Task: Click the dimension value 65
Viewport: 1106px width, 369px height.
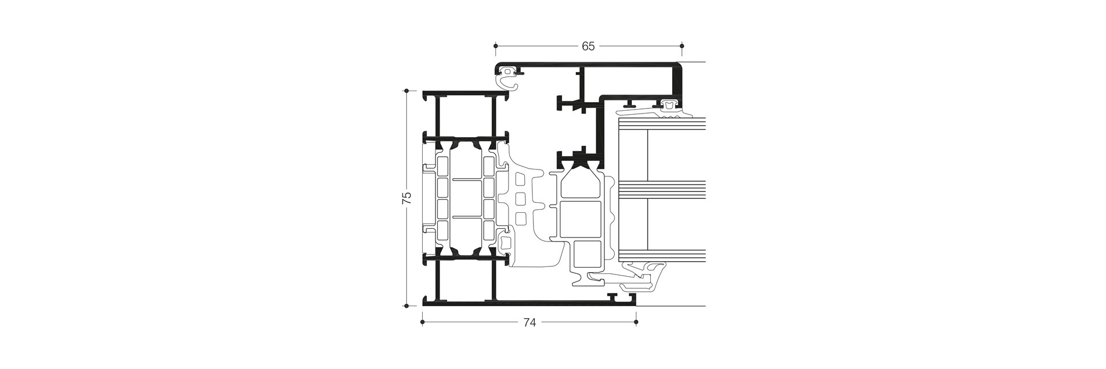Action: click(x=588, y=47)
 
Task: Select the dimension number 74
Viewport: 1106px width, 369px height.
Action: click(x=529, y=323)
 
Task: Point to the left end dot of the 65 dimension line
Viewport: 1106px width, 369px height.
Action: click(x=495, y=44)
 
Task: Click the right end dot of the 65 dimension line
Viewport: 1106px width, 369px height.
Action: click(x=682, y=44)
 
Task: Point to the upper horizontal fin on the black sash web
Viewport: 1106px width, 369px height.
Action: click(x=570, y=105)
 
